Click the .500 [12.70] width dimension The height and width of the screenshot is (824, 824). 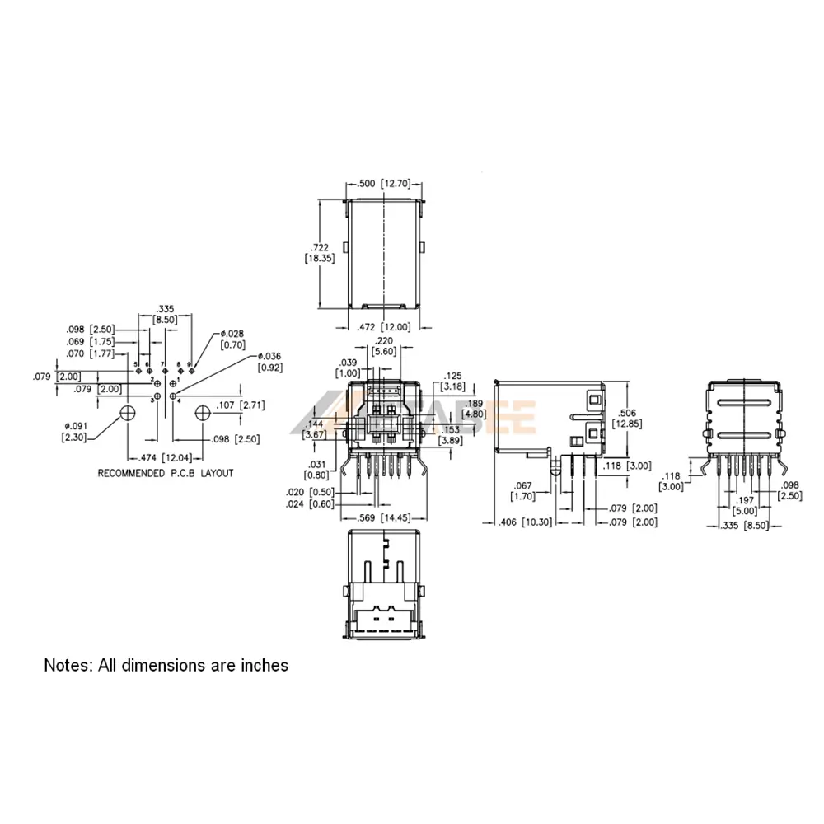(x=383, y=184)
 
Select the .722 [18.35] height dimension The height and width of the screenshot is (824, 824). (x=318, y=252)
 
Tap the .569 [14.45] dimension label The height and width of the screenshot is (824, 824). (x=385, y=518)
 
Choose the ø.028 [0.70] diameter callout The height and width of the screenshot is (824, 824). (x=232, y=339)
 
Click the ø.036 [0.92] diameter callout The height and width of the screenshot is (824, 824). (x=270, y=361)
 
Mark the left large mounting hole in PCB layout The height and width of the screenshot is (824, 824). (x=128, y=412)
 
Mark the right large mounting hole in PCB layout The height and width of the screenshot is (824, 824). (x=203, y=411)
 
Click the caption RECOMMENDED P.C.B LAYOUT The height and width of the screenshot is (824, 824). (x=166, y=473)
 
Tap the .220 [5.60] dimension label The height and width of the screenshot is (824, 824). (x=384, y=346)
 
